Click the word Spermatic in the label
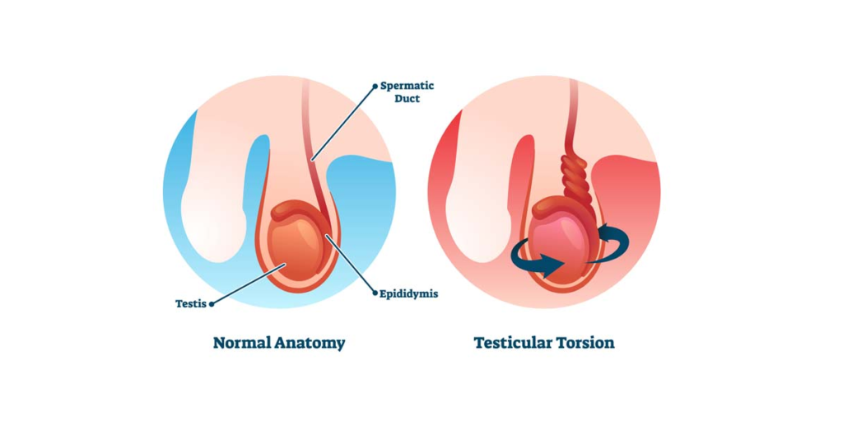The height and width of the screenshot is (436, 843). (x=407, y=86)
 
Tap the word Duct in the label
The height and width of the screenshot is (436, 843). (x=407, y=99)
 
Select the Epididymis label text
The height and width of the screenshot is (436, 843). (x=408, y=294)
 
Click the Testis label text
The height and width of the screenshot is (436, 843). (x=191, y=304)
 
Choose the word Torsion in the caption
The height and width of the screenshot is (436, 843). (x=579, y=343)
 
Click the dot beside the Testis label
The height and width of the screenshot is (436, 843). (x=212, y=304)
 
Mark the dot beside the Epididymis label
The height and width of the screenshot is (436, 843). (x=375, y=293)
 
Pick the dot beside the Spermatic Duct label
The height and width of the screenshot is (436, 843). (x=375, y=86)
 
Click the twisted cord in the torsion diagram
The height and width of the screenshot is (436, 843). (x=575, y=179)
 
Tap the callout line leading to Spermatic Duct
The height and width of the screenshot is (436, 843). (x=343, y=123)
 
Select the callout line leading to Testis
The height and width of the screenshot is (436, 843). (x=248, y=284)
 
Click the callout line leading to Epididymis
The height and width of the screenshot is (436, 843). (x=350, y=264)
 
